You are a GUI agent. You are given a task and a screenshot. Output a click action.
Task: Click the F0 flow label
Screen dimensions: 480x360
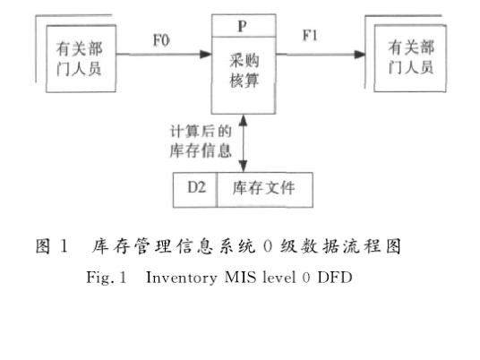coord(161,40)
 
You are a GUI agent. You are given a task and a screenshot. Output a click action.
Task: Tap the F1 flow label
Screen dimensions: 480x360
coord(310,36)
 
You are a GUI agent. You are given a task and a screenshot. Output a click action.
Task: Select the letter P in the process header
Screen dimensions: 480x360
coord(242,26)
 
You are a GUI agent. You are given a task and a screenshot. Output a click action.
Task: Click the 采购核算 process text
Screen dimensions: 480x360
coord(244,71)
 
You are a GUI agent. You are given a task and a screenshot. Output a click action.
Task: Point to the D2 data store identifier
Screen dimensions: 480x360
coord(196,187)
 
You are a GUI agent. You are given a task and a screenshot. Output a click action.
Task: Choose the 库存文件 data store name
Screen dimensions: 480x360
coord(263,188)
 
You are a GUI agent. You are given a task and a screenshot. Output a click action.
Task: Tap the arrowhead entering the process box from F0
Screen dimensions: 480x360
coord(205,55)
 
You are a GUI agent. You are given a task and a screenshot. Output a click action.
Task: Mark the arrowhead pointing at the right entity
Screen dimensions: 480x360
coord(359,55)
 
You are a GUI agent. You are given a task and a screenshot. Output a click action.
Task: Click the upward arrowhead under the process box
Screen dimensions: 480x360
coord(243,121)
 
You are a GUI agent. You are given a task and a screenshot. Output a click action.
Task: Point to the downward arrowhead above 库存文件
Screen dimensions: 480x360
coord(243,167)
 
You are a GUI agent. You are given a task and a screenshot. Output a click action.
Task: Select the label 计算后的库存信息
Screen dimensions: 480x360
coord(201,141)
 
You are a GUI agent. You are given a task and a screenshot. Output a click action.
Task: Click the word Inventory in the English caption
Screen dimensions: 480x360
coord(181,278)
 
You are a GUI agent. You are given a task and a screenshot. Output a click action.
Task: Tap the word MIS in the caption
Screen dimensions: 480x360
coord(240,278)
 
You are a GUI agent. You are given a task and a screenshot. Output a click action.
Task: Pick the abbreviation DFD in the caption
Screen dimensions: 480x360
coord(335,278)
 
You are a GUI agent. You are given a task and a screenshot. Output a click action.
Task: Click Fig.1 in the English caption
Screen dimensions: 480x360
coord(107,278)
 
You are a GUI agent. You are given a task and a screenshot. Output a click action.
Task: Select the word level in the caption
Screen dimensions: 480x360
coord(279,278)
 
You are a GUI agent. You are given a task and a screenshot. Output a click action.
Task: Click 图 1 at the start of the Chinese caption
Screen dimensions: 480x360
coord(51,246)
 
